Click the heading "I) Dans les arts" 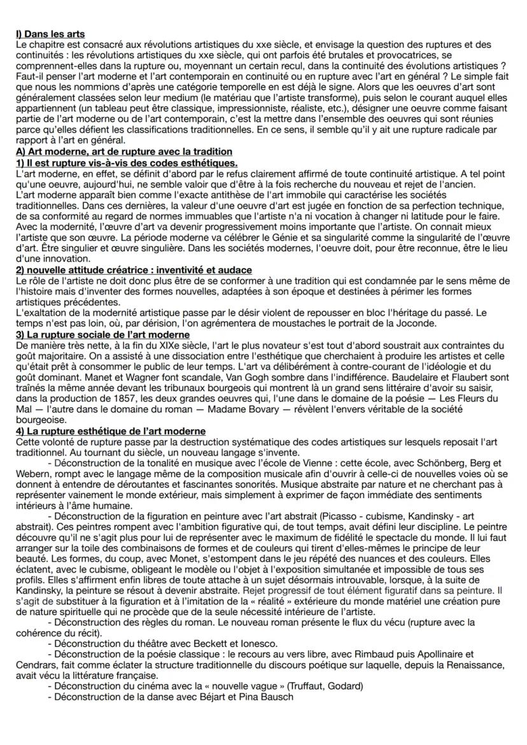pos(49,34)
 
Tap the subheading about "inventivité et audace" pos(133,270)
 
